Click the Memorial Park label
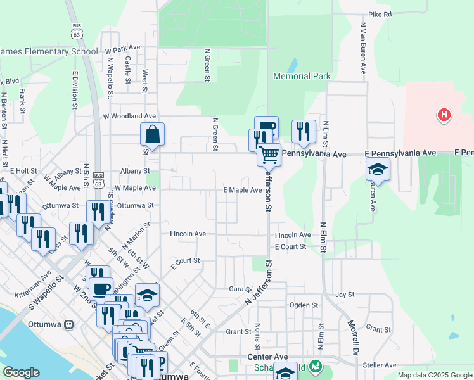pyautogui.click(x=302, y=76)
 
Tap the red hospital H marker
pyautogui.click(x=444, y=115)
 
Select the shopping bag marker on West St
pyautogui.click(x=152, y=134)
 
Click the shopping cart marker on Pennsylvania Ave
pyautogui.click(x=269, y=153)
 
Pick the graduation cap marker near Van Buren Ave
pyautogui.click(x=378, y=169)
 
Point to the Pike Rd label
pyautogui.click(x=380, y=14)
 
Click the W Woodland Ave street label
pyautogui.click(x=130, y=117)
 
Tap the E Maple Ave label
pyautogui.click(x=243, y=190)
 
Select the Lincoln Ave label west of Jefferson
pyautogui.click(x=188, y=234)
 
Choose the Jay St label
pyautogui.click(x=344, y=294)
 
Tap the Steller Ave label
pyautogui.click(x=380, y=365)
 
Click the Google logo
pyautogui.click(x=21, y=372)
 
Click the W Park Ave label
pyautogui.click(x=123, y=48)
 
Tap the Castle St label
pyautogui.click(x=128, y=70)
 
